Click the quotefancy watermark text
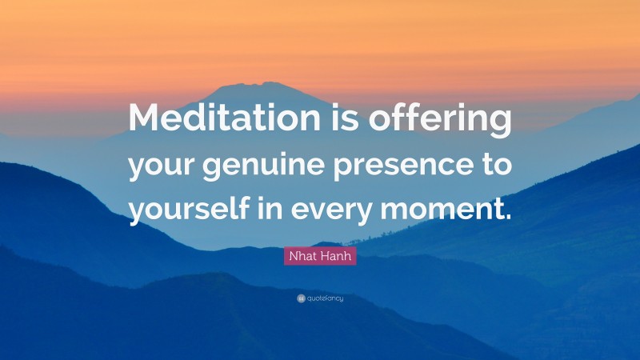point(325,298)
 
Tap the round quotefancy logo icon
point(301,298)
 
